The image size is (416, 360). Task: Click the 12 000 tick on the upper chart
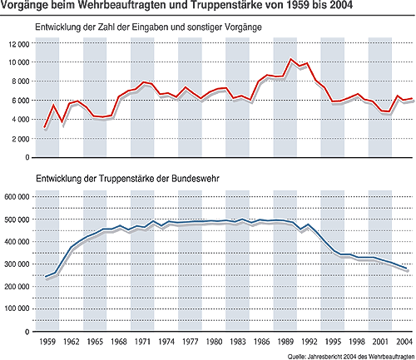[x=19, y=44]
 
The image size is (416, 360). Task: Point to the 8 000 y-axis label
[x=21, y=81]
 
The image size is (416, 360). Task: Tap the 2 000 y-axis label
[x=21, y=139]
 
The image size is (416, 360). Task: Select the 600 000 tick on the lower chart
[x=17, y=197]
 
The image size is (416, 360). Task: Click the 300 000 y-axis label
[x=17, y=264]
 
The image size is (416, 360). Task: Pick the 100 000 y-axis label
[x=17, y=308]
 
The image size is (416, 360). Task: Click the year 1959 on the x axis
[x=47, y=342]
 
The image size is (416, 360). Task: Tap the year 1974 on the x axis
[x=166, y=342]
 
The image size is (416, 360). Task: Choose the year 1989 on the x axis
[x=285, y=342]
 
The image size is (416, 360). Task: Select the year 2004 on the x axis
[x=404, y=342]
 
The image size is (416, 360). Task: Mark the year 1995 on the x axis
[x=333, y=342]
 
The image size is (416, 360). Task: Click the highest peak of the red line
[x=290, y=59]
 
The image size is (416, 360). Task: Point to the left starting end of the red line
[x=45, y=127]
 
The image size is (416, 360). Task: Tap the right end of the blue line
[x=406, y=269]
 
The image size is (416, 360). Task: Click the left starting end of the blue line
[x=46, y=276]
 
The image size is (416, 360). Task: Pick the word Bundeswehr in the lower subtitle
[x=196, y=179]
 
